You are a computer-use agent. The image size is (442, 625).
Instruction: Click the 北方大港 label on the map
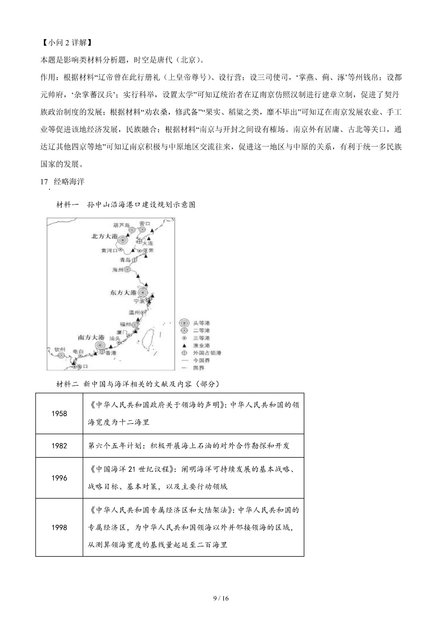[105, 236]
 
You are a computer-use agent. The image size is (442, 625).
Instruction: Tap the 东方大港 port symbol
[143, 293]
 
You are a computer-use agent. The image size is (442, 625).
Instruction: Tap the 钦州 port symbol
[61, 355]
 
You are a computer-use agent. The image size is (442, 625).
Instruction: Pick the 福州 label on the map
[125, 324]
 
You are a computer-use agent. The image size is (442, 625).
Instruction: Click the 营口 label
[145, 224]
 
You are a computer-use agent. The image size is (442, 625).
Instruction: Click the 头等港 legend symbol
[184, 323]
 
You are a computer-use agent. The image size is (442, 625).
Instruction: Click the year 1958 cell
[59, 414]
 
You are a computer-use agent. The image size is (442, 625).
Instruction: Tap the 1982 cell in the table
[59, 446]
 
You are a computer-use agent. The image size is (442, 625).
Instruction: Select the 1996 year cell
[59, 478]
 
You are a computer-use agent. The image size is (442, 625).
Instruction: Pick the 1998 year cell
[59, 527]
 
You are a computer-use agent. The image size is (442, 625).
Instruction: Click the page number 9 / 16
[221, 598]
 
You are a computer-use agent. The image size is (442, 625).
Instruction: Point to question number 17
[44, 182]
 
